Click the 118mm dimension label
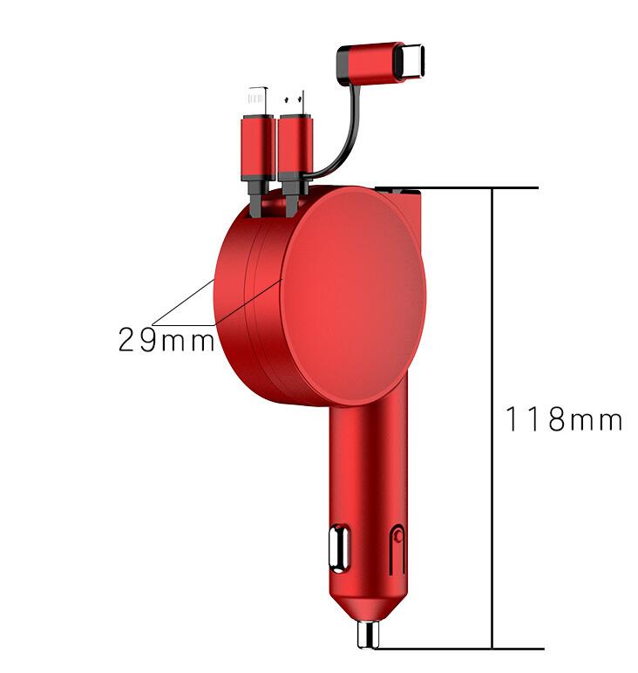[564, 420]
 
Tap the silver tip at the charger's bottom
[367, 635]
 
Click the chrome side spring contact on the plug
[335, 548]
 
